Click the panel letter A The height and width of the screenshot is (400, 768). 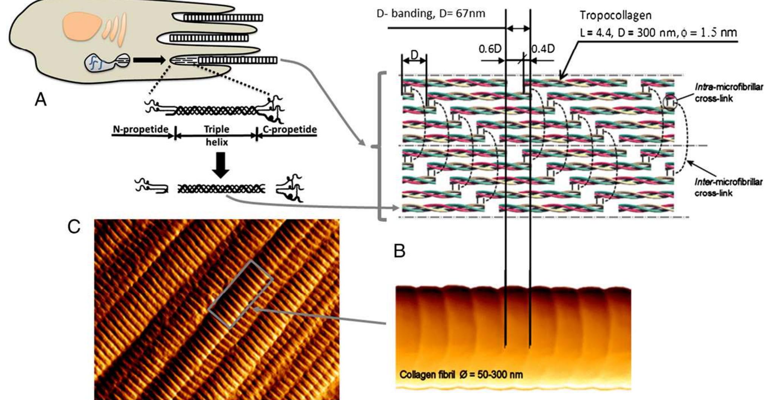(x=40, y=100)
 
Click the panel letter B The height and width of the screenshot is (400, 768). (x=399, y=250)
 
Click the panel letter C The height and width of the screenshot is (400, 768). (x=74, y=227)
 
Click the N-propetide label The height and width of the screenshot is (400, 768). (x=141, y=130)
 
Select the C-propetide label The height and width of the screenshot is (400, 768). (x=289, y=130)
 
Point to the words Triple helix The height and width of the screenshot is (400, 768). (x=216, y=135)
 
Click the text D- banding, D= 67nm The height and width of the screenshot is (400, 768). (x=431, y=14)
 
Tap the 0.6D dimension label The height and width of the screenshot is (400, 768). (x=490, y=49)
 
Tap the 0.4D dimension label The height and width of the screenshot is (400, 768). (x=543, y=49)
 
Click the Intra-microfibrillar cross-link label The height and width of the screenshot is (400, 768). (x=728, y=93)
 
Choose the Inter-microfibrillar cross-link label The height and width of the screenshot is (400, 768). (x=728, y=187)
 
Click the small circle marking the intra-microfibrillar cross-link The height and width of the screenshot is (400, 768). (x=670, y=102)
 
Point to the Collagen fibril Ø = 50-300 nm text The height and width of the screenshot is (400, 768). (x=461, y=375)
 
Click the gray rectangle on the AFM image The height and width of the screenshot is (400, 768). (x=240, y=294)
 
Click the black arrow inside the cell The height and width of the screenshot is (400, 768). (x=149, y=60)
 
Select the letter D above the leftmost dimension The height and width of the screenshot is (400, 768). (x=414, y=55)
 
